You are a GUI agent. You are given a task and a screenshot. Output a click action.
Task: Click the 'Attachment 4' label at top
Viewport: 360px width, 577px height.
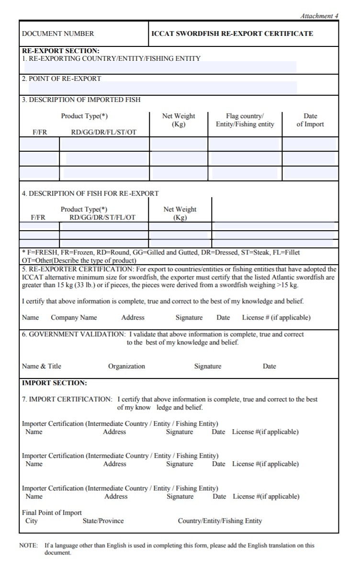319,16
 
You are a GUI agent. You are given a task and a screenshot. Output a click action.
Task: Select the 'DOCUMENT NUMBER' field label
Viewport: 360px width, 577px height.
58,34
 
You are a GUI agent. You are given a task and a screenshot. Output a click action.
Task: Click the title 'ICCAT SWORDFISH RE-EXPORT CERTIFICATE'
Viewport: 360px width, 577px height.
232,34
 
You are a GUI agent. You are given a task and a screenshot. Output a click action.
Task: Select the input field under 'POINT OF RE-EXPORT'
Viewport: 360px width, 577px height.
163,88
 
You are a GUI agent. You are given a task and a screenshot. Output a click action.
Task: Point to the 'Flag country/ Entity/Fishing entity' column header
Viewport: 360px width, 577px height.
245,120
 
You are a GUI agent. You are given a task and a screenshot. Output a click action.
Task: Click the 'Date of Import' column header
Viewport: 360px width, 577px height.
310,120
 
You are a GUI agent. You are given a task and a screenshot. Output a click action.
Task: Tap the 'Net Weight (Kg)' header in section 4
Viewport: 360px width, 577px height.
180,213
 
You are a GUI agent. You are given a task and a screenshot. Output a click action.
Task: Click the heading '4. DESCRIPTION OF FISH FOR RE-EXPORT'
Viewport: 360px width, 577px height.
90,194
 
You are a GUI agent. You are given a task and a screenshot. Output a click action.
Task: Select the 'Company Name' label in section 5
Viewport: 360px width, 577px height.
74,318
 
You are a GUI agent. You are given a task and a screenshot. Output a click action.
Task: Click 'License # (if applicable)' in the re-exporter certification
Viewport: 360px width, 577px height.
276,318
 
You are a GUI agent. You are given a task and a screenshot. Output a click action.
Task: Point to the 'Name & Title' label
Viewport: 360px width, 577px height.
42,366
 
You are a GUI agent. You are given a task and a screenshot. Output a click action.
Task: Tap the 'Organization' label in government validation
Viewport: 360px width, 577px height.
126,366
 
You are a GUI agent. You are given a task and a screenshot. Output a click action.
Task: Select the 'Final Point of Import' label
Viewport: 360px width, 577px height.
52,513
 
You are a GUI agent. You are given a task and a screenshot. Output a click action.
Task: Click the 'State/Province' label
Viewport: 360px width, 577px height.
103,521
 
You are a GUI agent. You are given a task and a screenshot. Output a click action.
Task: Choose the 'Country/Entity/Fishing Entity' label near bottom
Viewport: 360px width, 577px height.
220,521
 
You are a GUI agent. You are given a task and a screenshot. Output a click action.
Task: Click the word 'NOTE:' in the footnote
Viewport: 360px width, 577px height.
28,545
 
